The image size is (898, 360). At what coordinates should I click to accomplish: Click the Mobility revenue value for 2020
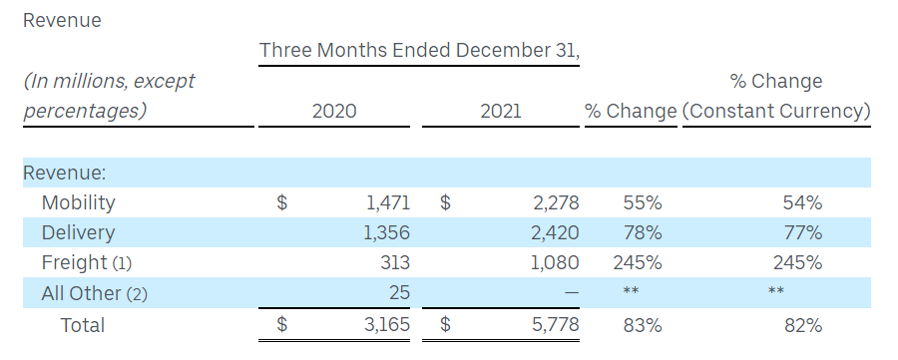pos(388,202)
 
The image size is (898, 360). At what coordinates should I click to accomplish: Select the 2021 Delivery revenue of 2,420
pos(556,233)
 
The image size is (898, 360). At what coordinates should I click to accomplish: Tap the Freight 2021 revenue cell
pos(556,262)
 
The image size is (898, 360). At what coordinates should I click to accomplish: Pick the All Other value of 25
pos(398,292)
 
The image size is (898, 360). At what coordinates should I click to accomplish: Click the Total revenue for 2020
pos(387,325)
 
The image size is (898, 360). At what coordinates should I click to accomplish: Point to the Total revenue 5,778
pos(556,325)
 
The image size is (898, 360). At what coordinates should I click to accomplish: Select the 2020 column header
pos(334,111)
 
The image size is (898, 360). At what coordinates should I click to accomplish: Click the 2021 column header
pos(501,111)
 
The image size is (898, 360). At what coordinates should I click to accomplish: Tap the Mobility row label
pos(78,203)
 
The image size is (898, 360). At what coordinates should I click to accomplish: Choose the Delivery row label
pos(78,233)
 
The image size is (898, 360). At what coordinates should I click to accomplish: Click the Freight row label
pos(74,262)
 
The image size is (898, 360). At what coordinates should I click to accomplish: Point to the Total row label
pos(83,325)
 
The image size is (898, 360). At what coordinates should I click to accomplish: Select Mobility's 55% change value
pos(643,202)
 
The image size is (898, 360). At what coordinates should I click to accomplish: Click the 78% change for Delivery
pos(643,233)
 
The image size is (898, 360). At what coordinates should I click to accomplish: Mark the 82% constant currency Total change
pos(803,325)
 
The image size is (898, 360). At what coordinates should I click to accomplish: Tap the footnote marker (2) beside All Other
pos(137,294)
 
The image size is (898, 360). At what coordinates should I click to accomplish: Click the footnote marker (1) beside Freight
pos(122,264)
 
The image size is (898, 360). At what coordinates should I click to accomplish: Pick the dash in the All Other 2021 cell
pos(572,292)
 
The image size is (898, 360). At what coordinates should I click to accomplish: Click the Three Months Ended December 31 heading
pos(419,51)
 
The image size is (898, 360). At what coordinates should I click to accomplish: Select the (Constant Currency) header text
pos(776,111)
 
